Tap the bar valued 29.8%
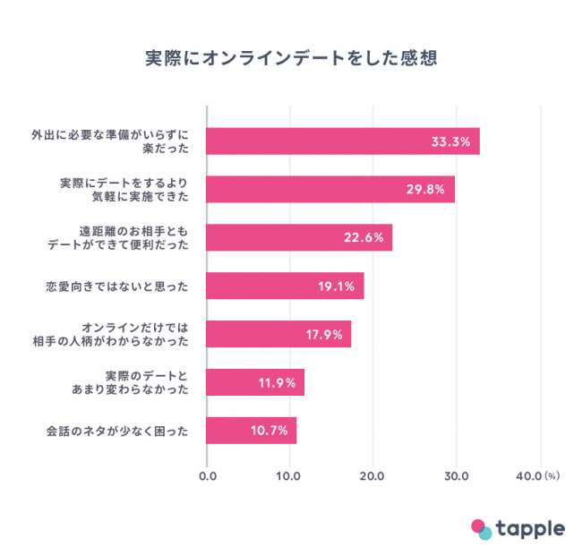(x=330, y=189)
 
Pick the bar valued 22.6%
(x=299, y=237)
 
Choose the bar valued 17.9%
(x=278, y=334)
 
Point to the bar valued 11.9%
(x=255, y=382)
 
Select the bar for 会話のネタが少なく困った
(x=251, y=431)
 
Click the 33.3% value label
(x=450, y=141)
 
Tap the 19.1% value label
(x=337, y=287)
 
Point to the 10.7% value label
(x=269, y=431)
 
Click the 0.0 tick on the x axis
(x=207, y=475)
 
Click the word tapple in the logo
(x=532, y=527)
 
